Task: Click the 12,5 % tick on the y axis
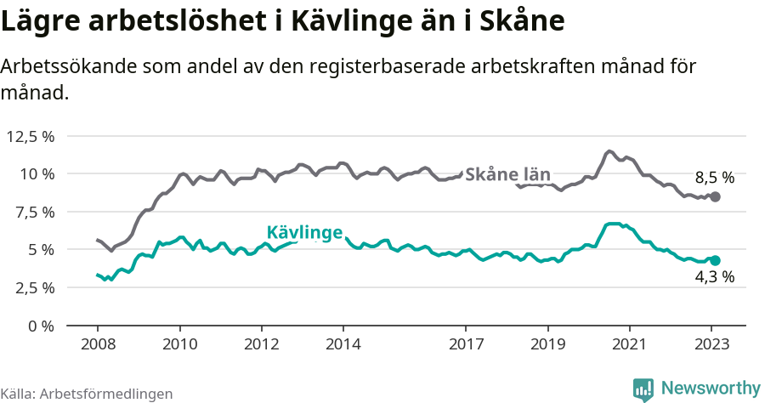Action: tap(30, 136)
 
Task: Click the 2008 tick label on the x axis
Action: tap(98, 344)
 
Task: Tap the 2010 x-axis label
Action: tap(179, 344)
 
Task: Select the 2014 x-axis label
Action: tap(343, 344)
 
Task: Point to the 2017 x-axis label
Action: tap(466, 344)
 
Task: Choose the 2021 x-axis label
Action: tap(630, 344)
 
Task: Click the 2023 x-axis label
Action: tap(711, 344)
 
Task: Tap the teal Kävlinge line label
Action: tap(304, 232)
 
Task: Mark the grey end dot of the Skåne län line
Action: tap(715, 196)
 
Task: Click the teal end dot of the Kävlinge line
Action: tap(715, 261)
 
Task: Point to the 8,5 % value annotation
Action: tap(714, 178)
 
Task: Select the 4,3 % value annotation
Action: tap(714, 277)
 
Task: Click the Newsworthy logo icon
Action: tap(643, 389)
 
